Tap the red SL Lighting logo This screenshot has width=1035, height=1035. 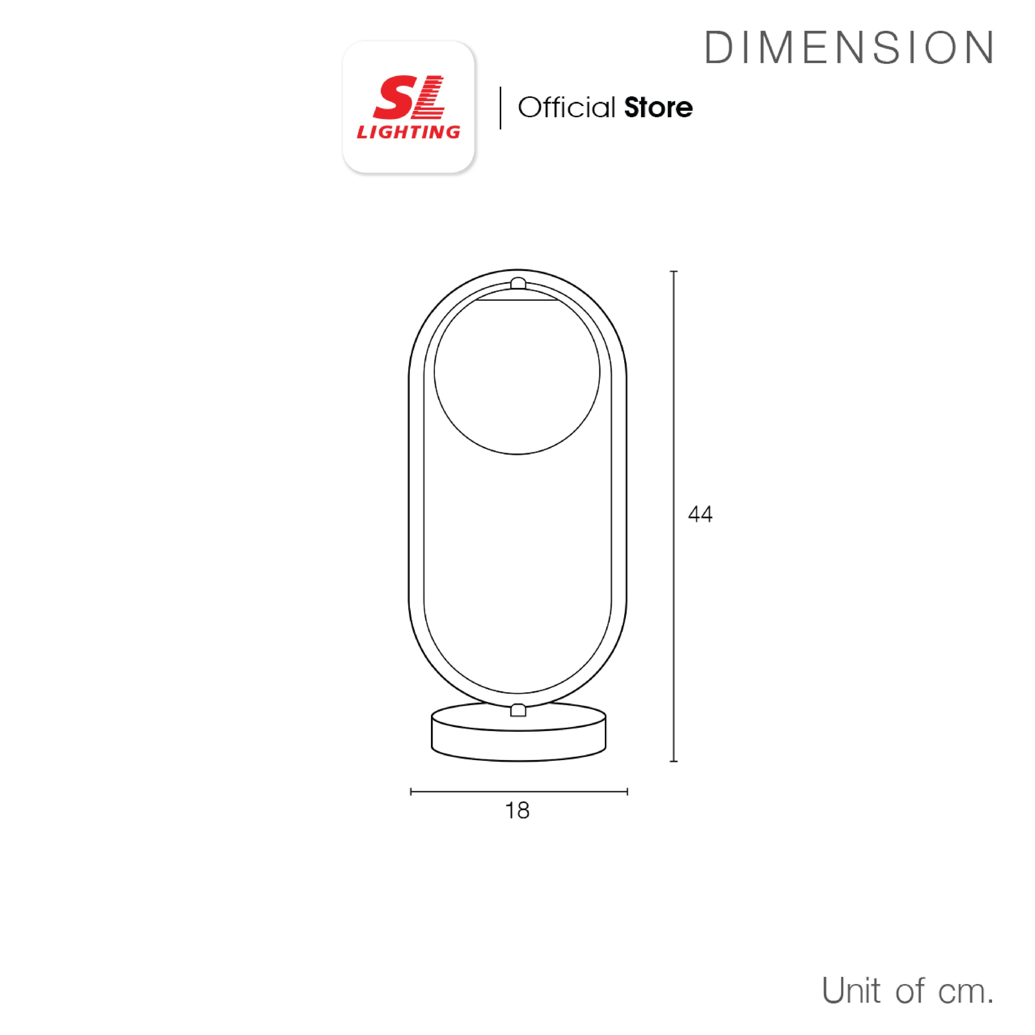tap(408, 107)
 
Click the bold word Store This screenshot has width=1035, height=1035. tap(658, 108)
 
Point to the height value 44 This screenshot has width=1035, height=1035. tap(700, 514)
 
